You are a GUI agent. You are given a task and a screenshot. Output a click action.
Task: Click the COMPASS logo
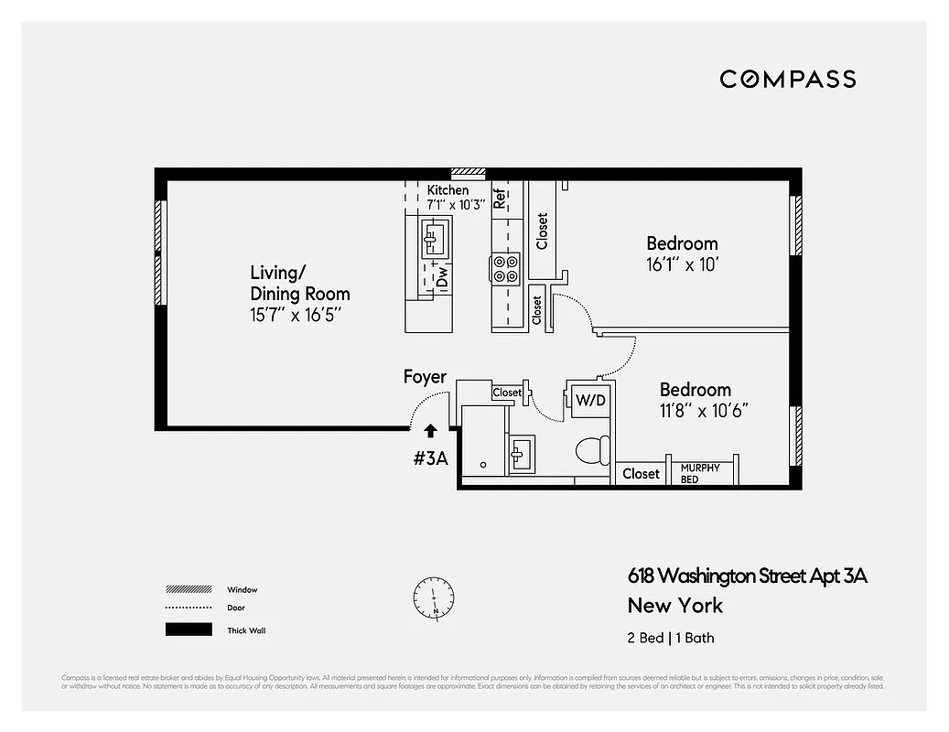pos(787,79)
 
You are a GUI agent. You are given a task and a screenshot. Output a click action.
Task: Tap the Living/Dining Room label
pos(299,284)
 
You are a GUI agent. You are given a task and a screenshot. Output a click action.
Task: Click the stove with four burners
pos(506,267)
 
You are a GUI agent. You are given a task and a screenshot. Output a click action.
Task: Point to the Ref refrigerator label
pos(500,199)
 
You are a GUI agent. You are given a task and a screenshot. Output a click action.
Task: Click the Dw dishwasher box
pos(442,276)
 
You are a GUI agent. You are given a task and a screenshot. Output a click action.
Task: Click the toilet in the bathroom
pos(592,452)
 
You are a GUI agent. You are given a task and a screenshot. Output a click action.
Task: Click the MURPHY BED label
pos(700,473)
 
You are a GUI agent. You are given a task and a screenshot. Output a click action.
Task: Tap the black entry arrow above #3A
pos(431,430)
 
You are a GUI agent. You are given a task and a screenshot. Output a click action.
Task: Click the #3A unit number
pos(430,458)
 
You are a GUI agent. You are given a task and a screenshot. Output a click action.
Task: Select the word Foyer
pos(425,377)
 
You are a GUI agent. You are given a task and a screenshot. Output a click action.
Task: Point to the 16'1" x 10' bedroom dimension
pos(682,264)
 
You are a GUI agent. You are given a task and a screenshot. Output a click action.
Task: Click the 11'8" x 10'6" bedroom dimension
pos(704,411)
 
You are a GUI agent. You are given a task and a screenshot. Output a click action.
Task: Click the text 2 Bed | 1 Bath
pos(670,638)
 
